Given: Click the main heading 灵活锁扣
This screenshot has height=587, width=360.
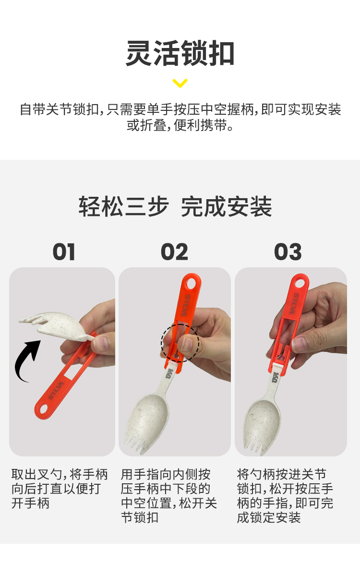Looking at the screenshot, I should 180,54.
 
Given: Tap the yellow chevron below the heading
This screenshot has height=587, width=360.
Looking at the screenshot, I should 180,84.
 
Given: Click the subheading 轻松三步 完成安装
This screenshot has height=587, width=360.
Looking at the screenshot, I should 176,207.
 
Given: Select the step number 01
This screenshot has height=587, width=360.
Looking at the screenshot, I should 64,252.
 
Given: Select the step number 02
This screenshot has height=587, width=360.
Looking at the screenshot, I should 174,252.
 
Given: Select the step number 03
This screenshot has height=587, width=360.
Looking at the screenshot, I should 288,252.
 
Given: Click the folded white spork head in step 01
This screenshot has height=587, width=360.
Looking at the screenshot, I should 53,324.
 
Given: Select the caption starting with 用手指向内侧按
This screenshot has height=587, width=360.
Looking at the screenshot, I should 169,496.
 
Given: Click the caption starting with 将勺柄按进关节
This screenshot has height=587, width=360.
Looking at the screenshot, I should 285,496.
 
